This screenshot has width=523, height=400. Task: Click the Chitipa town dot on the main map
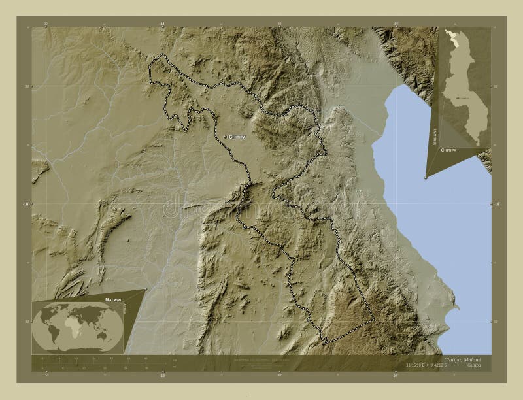[x=225, y=137]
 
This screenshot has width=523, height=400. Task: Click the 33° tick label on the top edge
[x=162, y=24]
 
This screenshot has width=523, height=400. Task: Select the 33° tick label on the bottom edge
[x=162, y=376]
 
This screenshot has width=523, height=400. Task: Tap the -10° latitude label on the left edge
[x=26, y=205]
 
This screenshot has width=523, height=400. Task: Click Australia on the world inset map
[x=103, y=335]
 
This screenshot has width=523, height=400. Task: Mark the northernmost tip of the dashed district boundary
[x=163, y=55]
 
